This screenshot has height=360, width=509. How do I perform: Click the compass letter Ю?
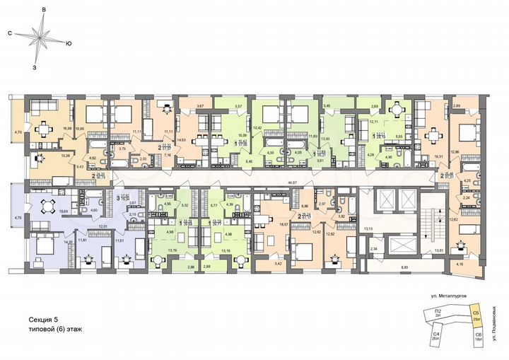67,44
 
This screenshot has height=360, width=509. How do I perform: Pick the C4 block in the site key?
438,333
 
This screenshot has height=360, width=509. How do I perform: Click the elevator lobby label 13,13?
368,228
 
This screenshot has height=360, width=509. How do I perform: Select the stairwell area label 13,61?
438,250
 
